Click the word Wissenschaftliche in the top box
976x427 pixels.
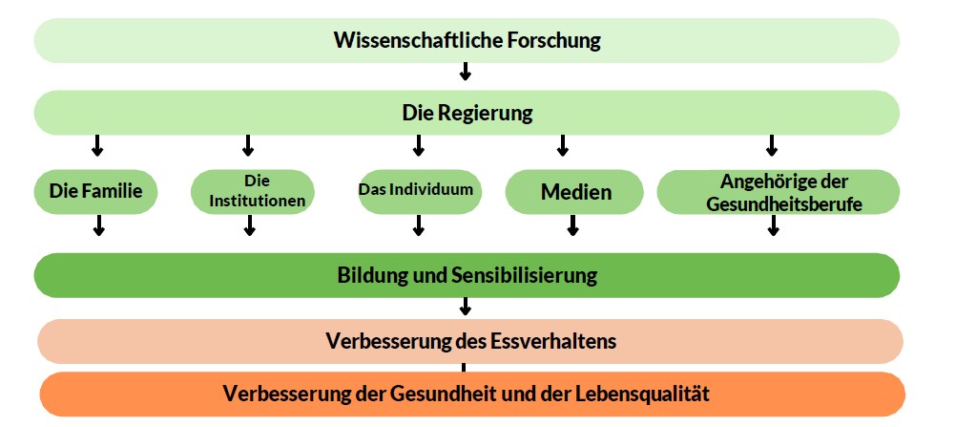tap(418, 40)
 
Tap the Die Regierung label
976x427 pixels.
tap(467, 114)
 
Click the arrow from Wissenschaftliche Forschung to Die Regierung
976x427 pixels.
tap(465, 71)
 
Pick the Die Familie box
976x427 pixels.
tap(95, 191)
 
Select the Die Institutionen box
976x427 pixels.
tap(252, 191)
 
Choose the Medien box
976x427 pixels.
tap(574, 191)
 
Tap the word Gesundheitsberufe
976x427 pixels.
tap(784, 203)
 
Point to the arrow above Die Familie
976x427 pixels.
tap(96, 145)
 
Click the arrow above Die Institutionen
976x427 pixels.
tap(248, 145)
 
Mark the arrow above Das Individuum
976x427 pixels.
tap(418, 145)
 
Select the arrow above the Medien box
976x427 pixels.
tap(563, 145)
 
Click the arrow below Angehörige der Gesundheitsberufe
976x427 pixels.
tap(773, 225)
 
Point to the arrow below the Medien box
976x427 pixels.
tap(573, 225)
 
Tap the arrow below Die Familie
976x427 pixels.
tap(98, 225)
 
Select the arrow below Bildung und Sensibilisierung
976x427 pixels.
tap(465, 306)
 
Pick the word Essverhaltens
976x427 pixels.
tap(553, 342)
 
